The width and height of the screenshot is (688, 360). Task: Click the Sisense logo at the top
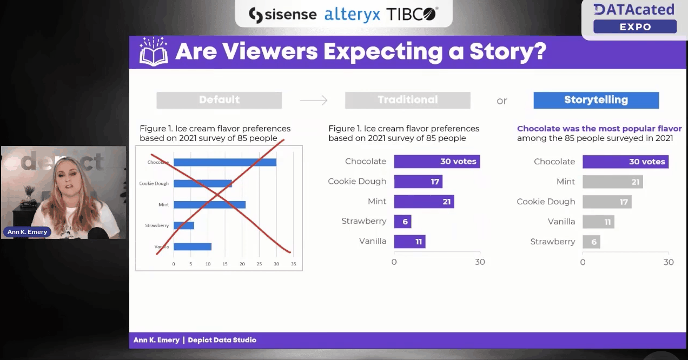point(282,15)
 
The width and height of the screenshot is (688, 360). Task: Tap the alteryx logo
point(352,15)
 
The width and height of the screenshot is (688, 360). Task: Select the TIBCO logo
point(412,15)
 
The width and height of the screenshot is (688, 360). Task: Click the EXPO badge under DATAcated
point(635,26)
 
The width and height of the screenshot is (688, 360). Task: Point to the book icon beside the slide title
point(154,52)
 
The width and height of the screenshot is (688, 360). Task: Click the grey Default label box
point(219,100)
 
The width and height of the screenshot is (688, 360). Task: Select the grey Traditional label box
point(407,100)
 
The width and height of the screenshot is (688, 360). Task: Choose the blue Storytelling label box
point(596,100)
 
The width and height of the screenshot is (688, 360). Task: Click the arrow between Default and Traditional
point(314,100)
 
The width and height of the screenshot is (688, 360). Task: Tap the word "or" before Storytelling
point(502,101)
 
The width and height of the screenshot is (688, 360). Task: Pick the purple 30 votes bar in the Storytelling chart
point(625,162)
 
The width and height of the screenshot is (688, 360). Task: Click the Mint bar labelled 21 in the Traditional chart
point(424,202)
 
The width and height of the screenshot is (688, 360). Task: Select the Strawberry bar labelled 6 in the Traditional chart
point(402,222)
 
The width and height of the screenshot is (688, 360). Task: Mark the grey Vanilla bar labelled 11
point(598,222)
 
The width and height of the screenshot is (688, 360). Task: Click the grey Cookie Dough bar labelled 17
point(607,202)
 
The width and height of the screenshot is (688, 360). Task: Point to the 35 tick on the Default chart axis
point(293,264)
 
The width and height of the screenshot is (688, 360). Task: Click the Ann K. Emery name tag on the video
point(28,232)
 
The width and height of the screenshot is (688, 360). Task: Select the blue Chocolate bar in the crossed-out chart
point(225,162)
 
